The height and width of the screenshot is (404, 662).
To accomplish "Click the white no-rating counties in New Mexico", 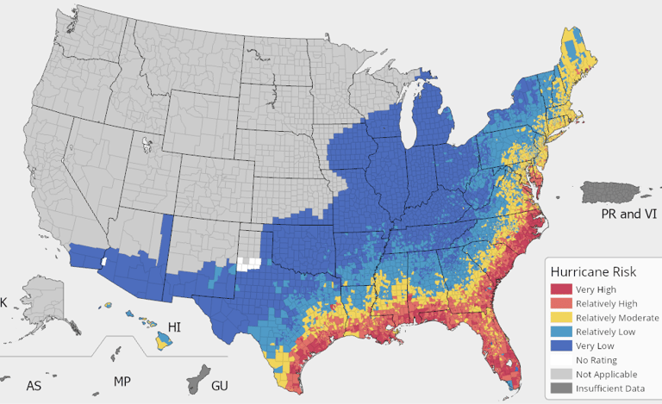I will click(x=249, y=264).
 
